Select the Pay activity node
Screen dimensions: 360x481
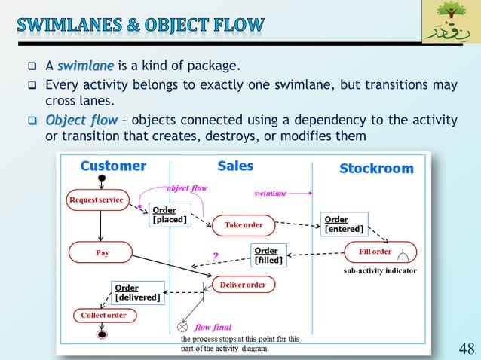[102, 253]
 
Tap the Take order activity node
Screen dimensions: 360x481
[243, 224]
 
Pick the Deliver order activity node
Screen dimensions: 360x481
[243, 285]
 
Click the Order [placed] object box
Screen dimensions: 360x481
[170, 215]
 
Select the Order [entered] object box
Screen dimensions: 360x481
[344, 224]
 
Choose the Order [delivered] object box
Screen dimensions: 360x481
[136, 292]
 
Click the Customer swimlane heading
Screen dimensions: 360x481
[113, 166]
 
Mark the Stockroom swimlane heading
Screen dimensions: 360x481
[376, 169]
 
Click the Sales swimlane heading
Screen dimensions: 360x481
[235, 166]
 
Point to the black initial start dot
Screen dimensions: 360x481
[100, 178]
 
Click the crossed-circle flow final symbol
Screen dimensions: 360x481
[182, 328]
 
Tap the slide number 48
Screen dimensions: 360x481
[467, 348]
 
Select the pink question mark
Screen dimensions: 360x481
[215, 256]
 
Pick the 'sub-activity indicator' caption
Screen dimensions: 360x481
[380, 270]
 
